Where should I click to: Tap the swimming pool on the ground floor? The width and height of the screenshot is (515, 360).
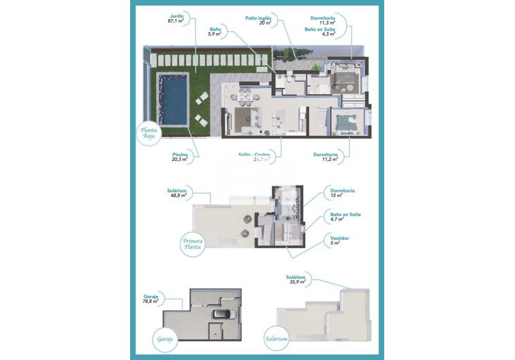(x=173, y=99)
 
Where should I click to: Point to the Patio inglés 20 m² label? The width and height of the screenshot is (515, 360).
(x=258, y=20)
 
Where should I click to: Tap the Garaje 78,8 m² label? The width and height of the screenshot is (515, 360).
(x=151, y=299)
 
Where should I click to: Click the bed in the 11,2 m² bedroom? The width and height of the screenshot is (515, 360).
(x=348, y=123)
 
